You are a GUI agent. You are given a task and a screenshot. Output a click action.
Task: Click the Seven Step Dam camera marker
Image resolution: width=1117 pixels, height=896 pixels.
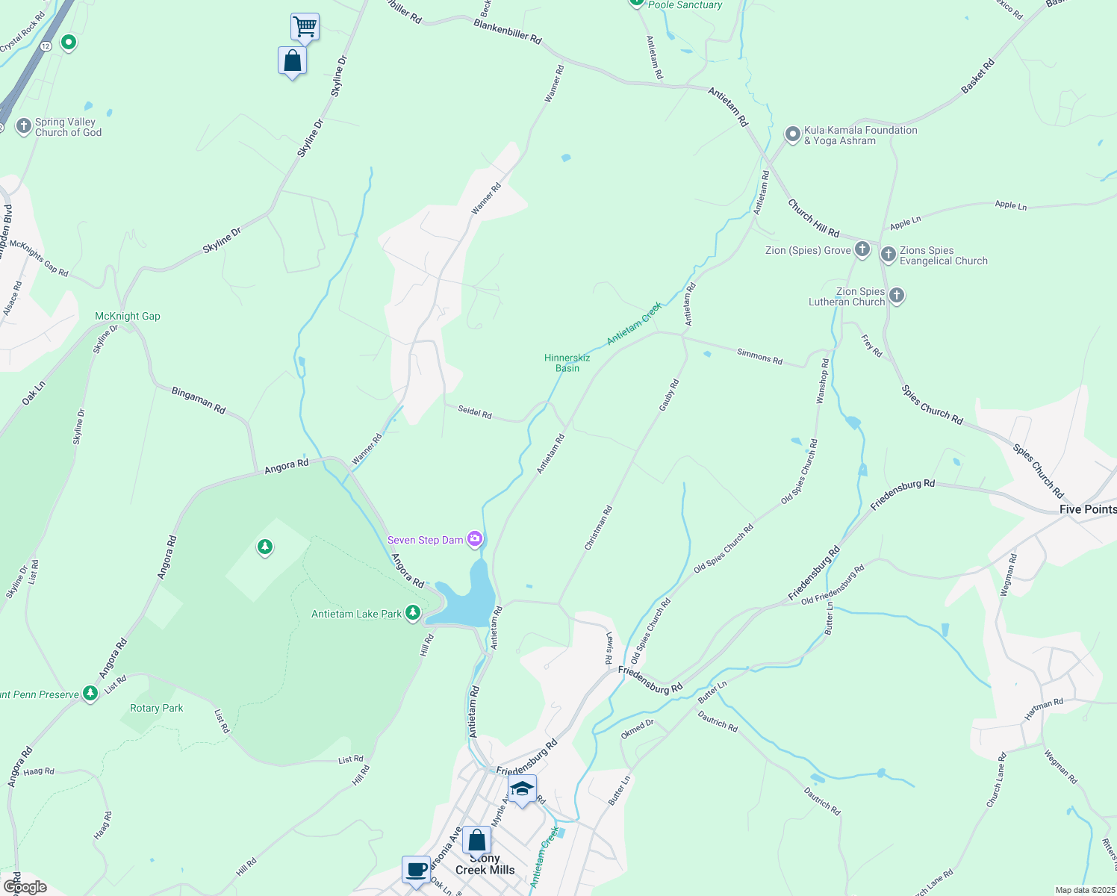point(475,538)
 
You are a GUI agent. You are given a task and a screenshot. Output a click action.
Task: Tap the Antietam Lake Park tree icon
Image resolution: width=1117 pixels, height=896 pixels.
point(412,614)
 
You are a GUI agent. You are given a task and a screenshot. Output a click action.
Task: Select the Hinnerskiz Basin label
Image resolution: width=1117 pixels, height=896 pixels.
point(567,363)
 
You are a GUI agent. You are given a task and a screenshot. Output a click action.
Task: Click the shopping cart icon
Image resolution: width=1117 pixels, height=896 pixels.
point(305,28)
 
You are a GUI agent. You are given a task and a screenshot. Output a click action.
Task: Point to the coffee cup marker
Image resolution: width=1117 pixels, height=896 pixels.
point(416,870)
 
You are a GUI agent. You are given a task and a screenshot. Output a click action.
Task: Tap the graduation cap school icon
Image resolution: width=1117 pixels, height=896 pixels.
point(522,789)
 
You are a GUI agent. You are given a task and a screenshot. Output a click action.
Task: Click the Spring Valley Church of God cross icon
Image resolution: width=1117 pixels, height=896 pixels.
point(24,126)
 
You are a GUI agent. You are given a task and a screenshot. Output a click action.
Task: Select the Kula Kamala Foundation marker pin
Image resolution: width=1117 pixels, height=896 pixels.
point(792,135)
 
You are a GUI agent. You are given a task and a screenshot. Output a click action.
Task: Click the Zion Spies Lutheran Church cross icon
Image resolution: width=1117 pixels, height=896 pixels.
point(897,296)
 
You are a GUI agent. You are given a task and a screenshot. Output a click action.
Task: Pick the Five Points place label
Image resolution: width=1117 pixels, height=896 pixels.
point(1088,509)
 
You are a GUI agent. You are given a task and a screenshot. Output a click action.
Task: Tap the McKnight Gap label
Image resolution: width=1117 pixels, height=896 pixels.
point(128,316)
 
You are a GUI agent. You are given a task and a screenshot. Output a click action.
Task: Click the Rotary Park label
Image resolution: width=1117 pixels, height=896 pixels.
point(157,708)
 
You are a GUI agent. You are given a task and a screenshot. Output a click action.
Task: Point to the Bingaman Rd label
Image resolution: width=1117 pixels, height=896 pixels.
point(199,400)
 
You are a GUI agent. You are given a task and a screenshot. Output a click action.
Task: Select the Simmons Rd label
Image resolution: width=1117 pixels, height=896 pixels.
point(759,356)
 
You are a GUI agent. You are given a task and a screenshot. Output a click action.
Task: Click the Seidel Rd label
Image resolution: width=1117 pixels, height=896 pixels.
point(475,411)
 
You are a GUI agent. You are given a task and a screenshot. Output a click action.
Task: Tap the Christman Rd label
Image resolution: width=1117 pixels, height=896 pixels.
point(598,528)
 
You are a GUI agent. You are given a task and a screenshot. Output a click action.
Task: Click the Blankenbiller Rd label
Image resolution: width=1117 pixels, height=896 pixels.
point(508,31)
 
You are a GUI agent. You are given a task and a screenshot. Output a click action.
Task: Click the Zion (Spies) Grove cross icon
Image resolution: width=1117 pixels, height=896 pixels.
point(862,249)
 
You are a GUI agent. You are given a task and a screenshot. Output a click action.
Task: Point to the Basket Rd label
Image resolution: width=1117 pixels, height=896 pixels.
point(978,76)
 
